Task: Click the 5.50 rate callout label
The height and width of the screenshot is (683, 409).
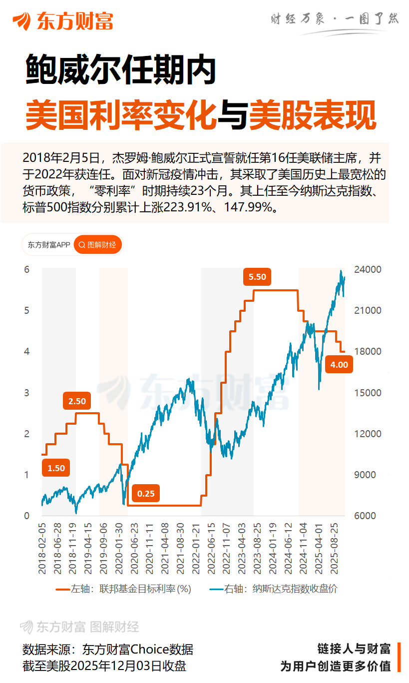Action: pyautogui.click(x=257, y=277)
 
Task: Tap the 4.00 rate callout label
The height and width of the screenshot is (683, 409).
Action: pyautogui.click(x=339, y=365)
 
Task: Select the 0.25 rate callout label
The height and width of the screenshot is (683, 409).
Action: pyautogui.click(x=146, y=494)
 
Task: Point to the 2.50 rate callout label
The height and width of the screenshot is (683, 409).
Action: pyautogui.click(x=77, y=401)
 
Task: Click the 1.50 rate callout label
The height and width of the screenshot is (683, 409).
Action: pyautogui.click(x=56, y=468)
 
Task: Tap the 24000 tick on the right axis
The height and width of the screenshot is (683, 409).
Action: pyautogui.click(x=368, y=270)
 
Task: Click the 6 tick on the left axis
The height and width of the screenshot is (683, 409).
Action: pyautogui.click(x=27, y=270)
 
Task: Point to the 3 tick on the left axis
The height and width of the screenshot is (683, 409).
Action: pyautogui.click(x=27, y=393)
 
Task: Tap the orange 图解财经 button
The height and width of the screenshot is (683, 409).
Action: pyautogui.click(x=98, y=245)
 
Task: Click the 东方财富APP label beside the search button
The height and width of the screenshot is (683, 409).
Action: pyautogui.click(x=49, y=245)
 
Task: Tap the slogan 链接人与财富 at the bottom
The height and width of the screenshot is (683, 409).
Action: pyautogui.click(x=354, y=649)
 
